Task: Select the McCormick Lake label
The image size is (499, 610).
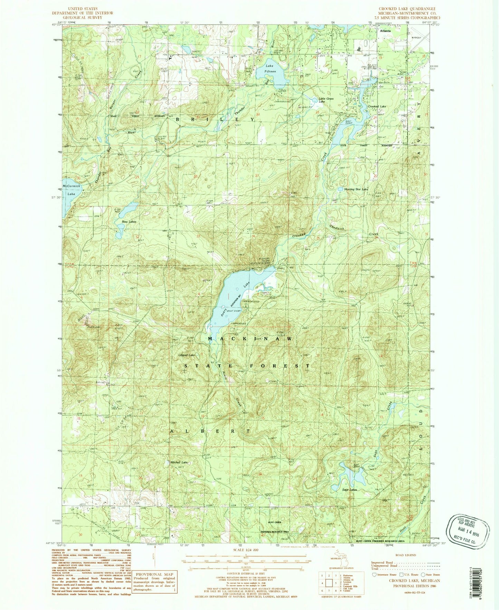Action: click(71, 190)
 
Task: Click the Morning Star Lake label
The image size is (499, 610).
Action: click(356, 189)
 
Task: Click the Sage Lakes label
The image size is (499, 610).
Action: click(349, 490)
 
